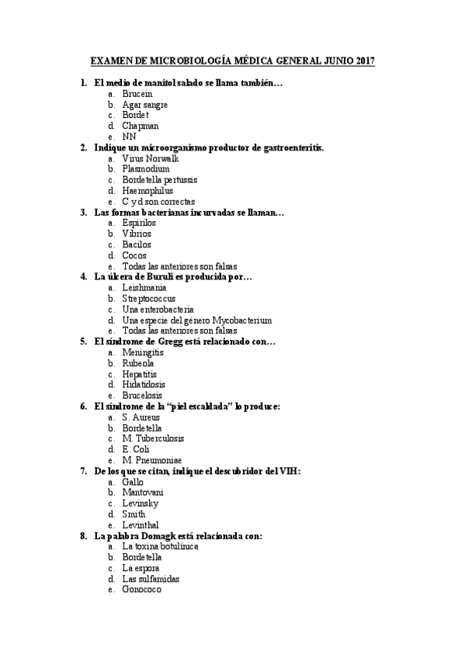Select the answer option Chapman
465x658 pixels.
point(141,126)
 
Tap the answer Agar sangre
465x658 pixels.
point(144,104)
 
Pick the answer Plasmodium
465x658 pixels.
point(145,169)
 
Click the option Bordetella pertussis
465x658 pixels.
point(159,180)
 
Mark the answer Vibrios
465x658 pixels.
point(137,234)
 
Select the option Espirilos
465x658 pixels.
point(139,223)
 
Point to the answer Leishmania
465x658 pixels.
point(144,287)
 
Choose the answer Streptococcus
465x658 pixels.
point(148,298)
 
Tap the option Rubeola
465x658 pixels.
point(137,362)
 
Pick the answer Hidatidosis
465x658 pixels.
point(144,384)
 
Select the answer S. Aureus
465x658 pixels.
point(141,417)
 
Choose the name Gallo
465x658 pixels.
point(133,481)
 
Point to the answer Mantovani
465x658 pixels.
point(142,492)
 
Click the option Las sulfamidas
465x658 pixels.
point(151,578)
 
